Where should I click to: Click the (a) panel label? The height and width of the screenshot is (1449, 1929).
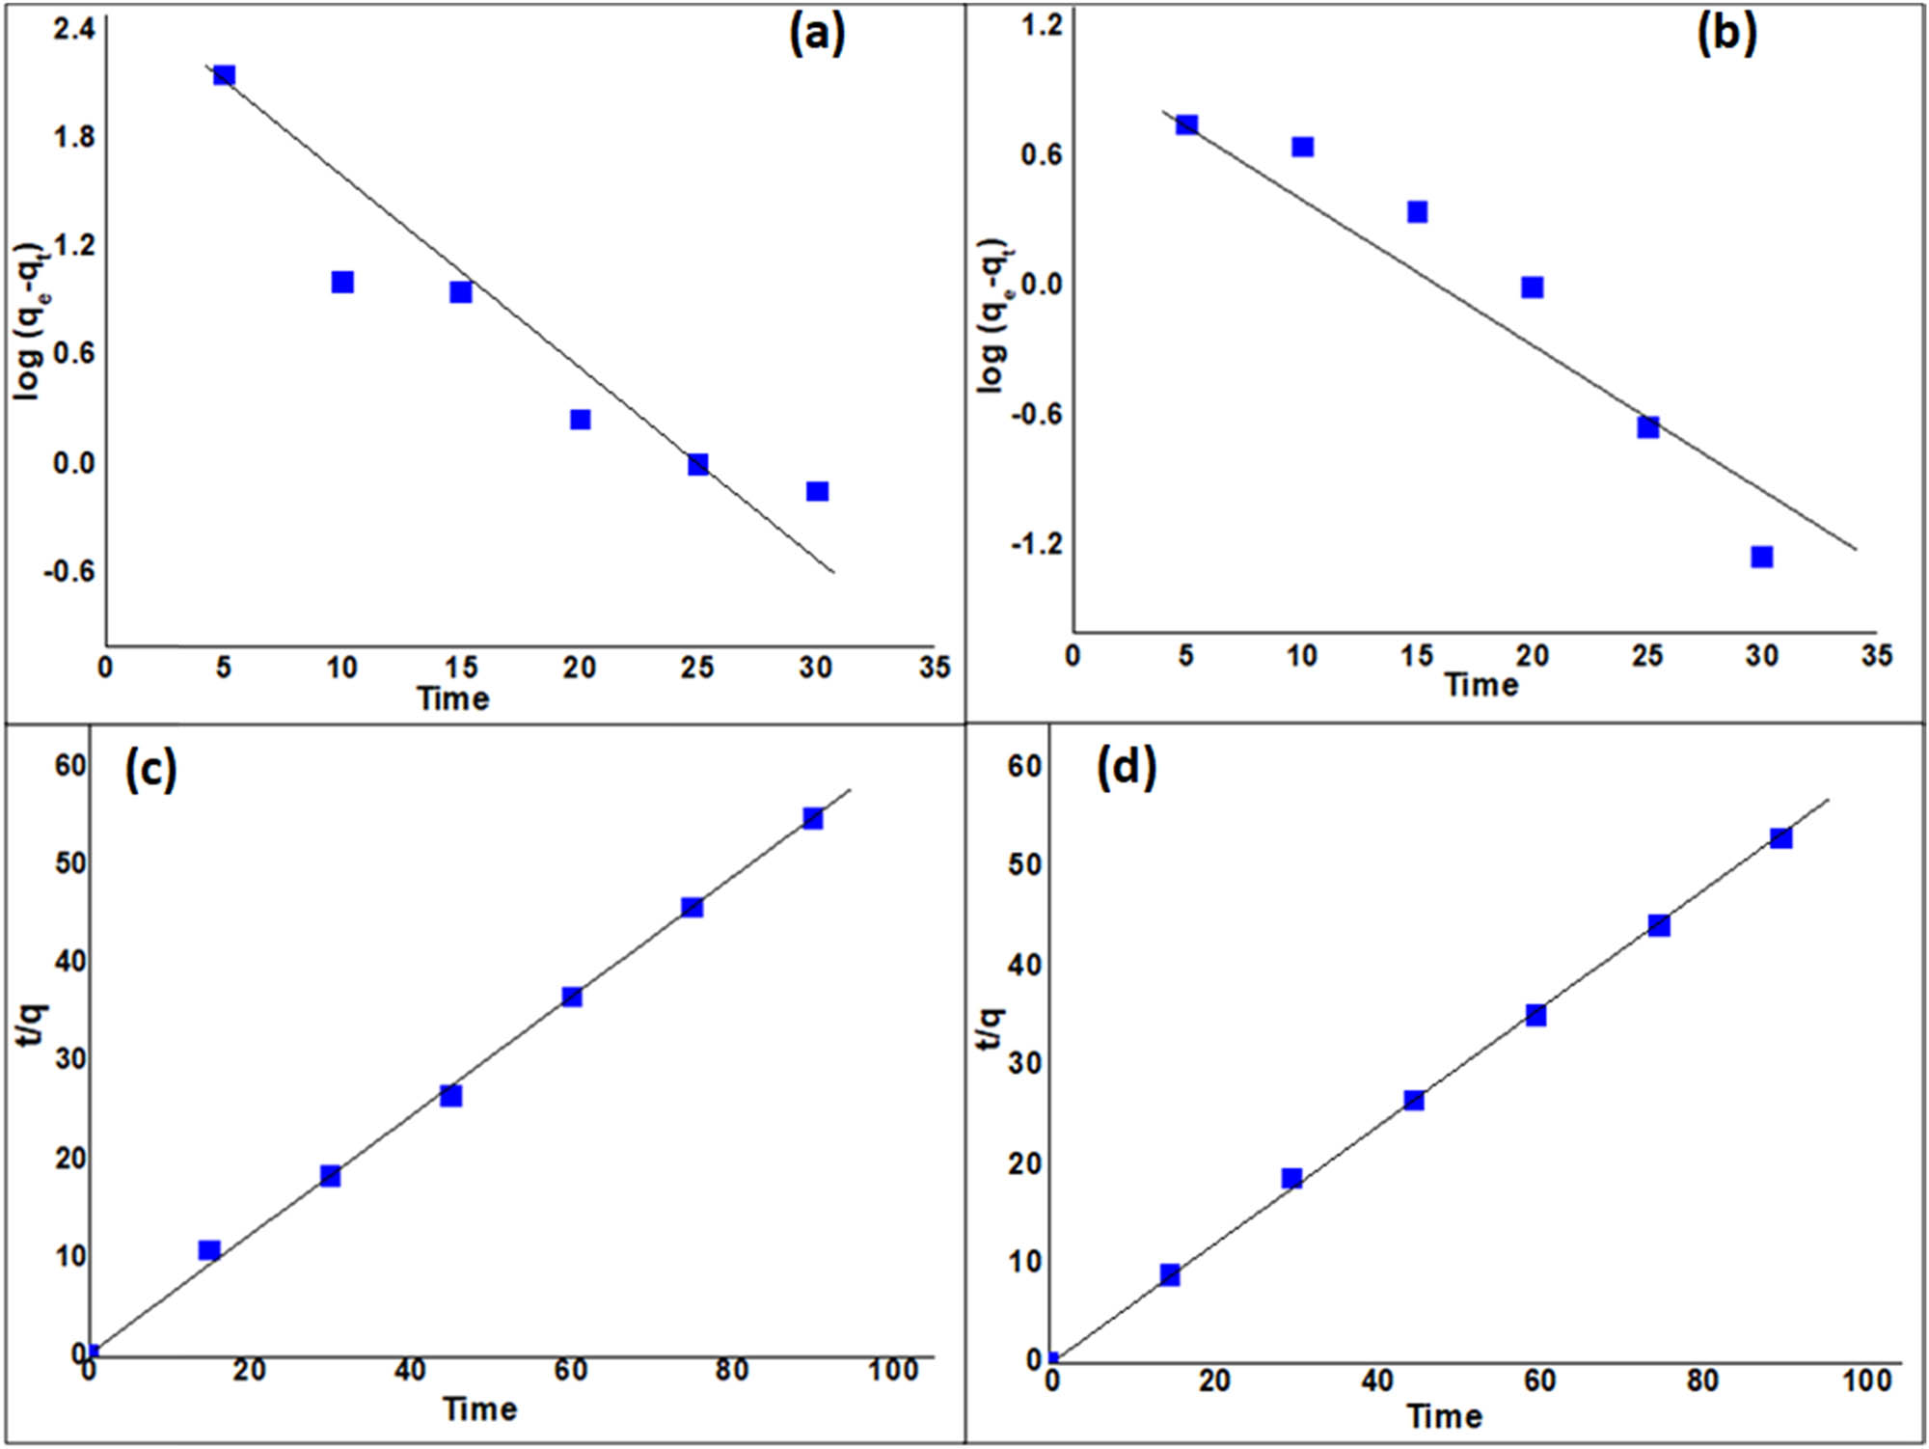pyautogui.click(x=817, y=36)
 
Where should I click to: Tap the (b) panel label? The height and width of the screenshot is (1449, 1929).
pyautogui.click(x=1726, y=34)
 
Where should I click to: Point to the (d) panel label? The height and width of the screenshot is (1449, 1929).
pyautogui.click(x=1127, y=769)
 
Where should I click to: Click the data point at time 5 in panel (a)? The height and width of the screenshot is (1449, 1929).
pyautogui.click(x=224, y=75)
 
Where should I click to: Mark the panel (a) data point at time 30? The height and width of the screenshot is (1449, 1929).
pyautogui.click(x=817, y=491)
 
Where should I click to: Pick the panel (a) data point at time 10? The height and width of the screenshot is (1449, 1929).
pyautogui.click(x=342, y=282)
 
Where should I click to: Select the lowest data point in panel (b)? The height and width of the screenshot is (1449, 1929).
pyautogui.click(x=1762, y=557)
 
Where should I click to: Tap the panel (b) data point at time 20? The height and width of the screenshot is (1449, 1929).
pyautogui.click(x=1532, y=287)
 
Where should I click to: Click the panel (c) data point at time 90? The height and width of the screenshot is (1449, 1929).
pyautogui.click(x=813, y=818)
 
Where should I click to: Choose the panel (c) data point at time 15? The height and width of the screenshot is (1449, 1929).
pyautogui.click(x=209, y=1250)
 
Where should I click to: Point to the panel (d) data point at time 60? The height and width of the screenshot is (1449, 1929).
pyautogui.click(x=1536, y=1015)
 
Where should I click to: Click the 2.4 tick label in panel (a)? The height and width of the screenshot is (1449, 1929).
pyautogui.click(x=74, y=29)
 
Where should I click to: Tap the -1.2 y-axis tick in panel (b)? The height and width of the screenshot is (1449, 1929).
pyautogui.click(x=1036, y=545)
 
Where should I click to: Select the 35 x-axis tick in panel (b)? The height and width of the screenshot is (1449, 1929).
pyautogui.click(x=1876, y=656)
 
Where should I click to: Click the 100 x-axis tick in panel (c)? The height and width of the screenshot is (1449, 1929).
pyautogui.click(x=893, y=1370)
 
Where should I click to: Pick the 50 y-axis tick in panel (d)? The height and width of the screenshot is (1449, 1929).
pyautogui.click(x=1024, y=864)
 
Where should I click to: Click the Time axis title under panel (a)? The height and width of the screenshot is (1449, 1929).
pyautogui.click(x=453, y=698)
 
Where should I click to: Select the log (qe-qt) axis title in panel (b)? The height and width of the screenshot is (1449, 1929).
pyautogui.click(x=993, y=315)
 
